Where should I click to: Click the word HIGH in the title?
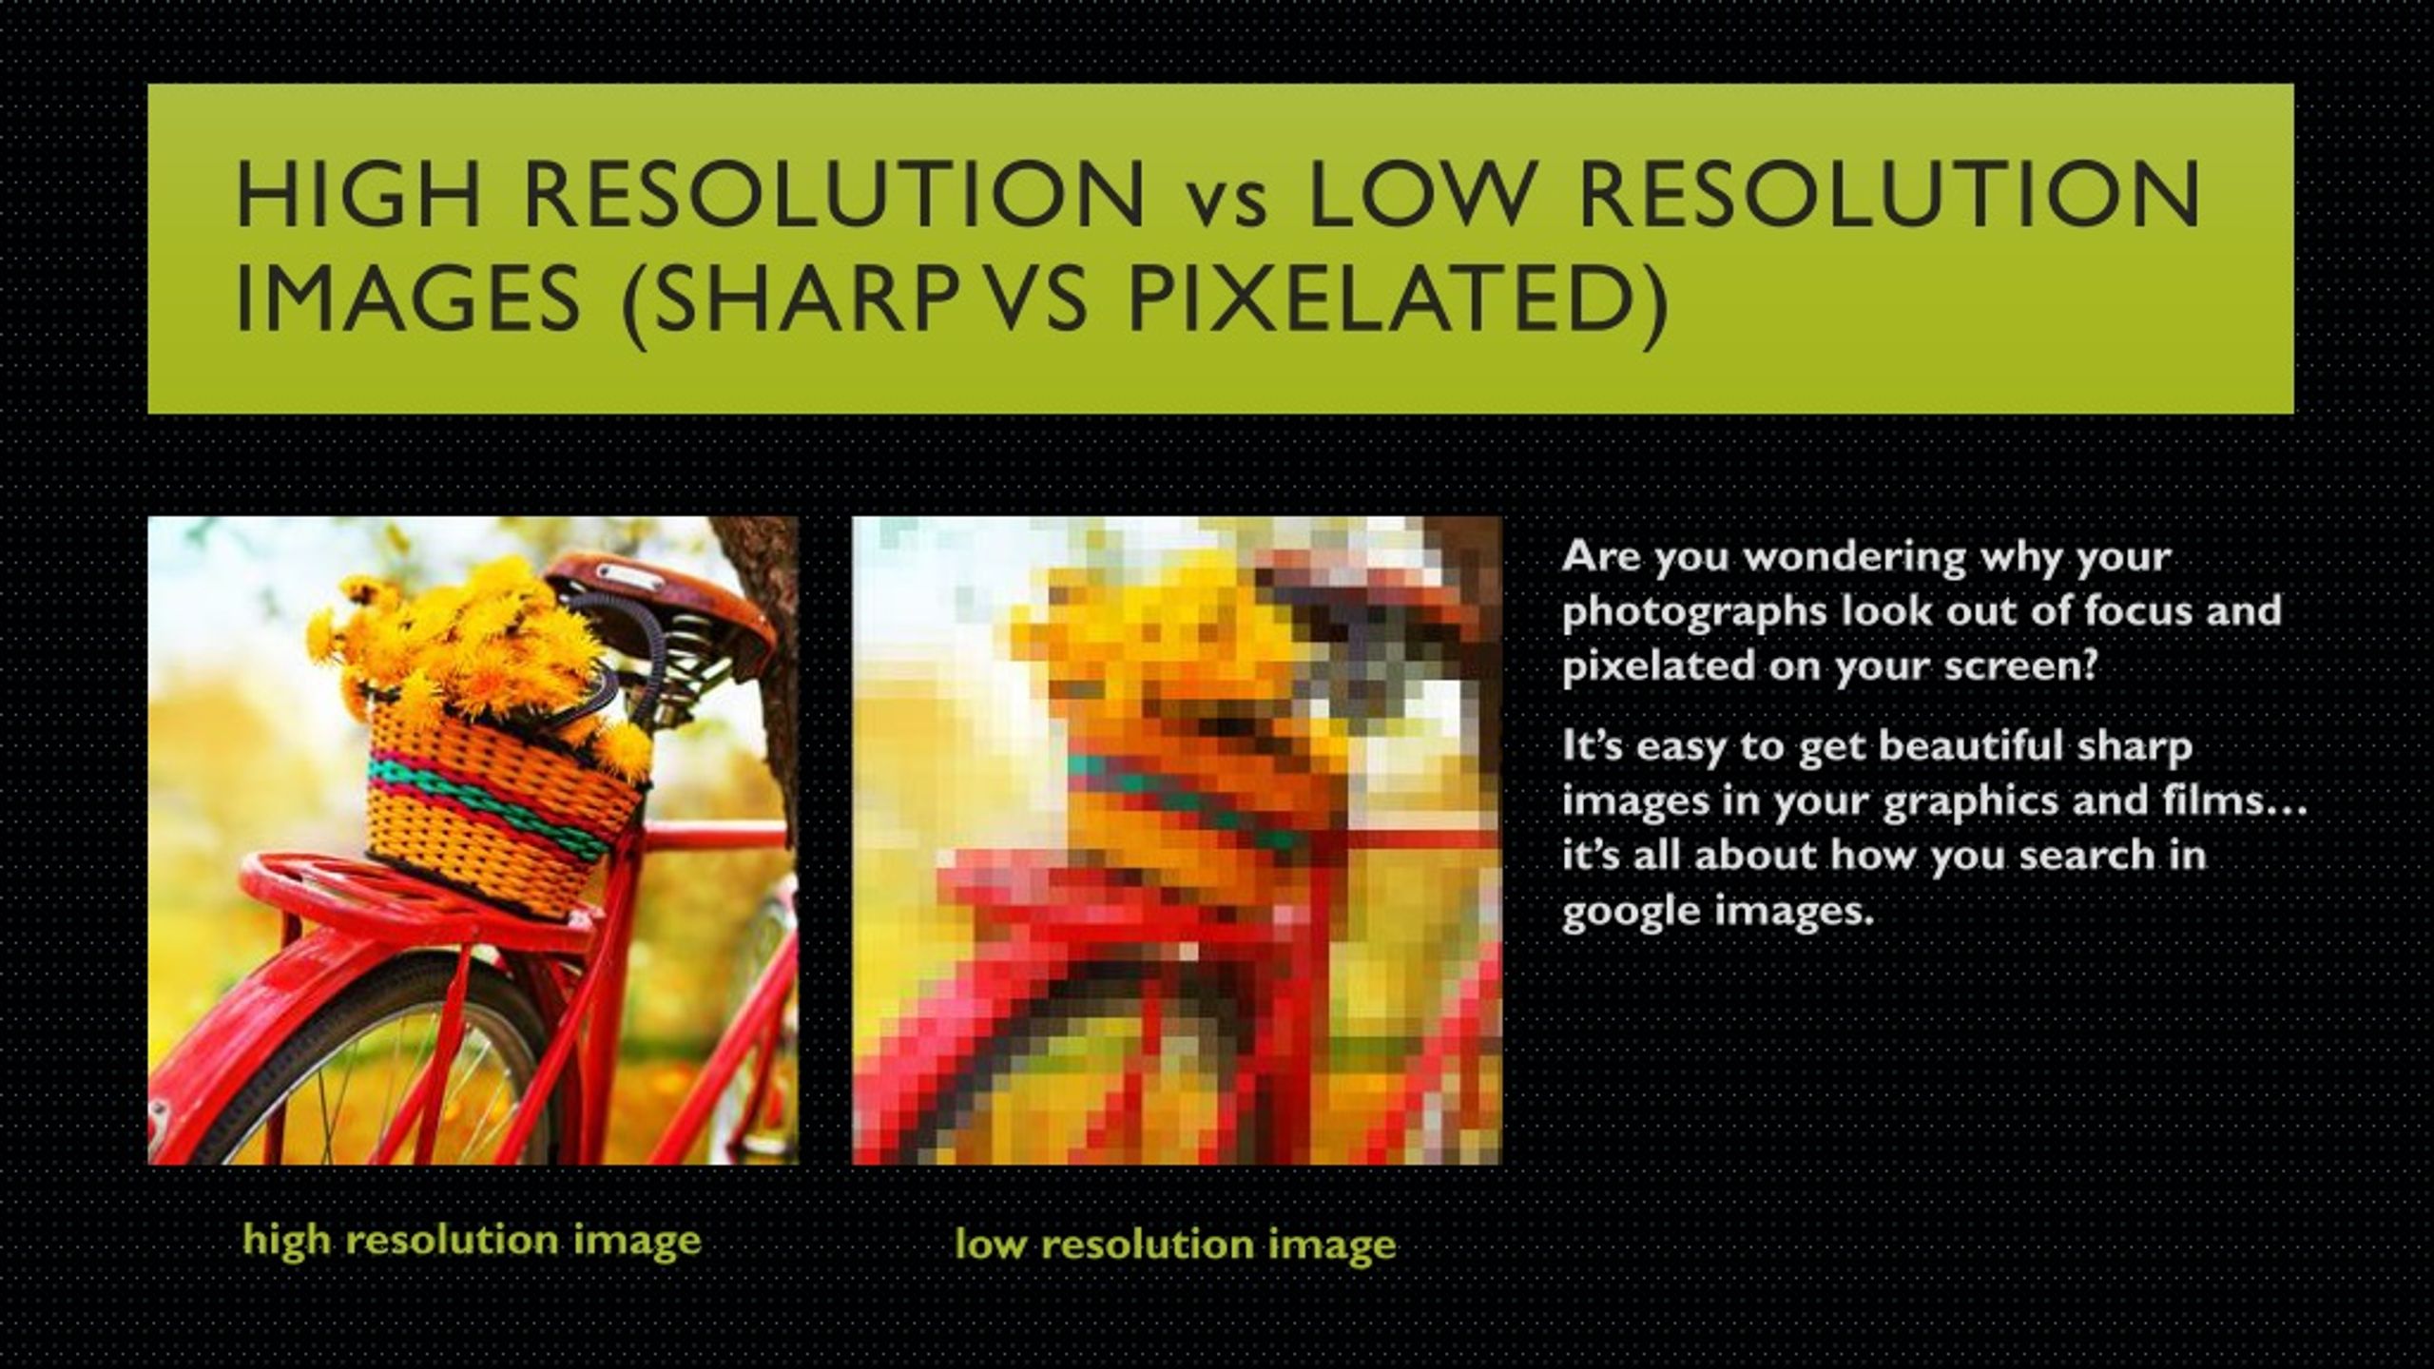[358, 196]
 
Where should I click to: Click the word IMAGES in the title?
[407, 299]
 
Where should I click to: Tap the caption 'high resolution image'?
[472, 1240]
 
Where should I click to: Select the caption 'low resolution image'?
[1175, 1244]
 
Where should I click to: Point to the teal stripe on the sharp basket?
[504, 794]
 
